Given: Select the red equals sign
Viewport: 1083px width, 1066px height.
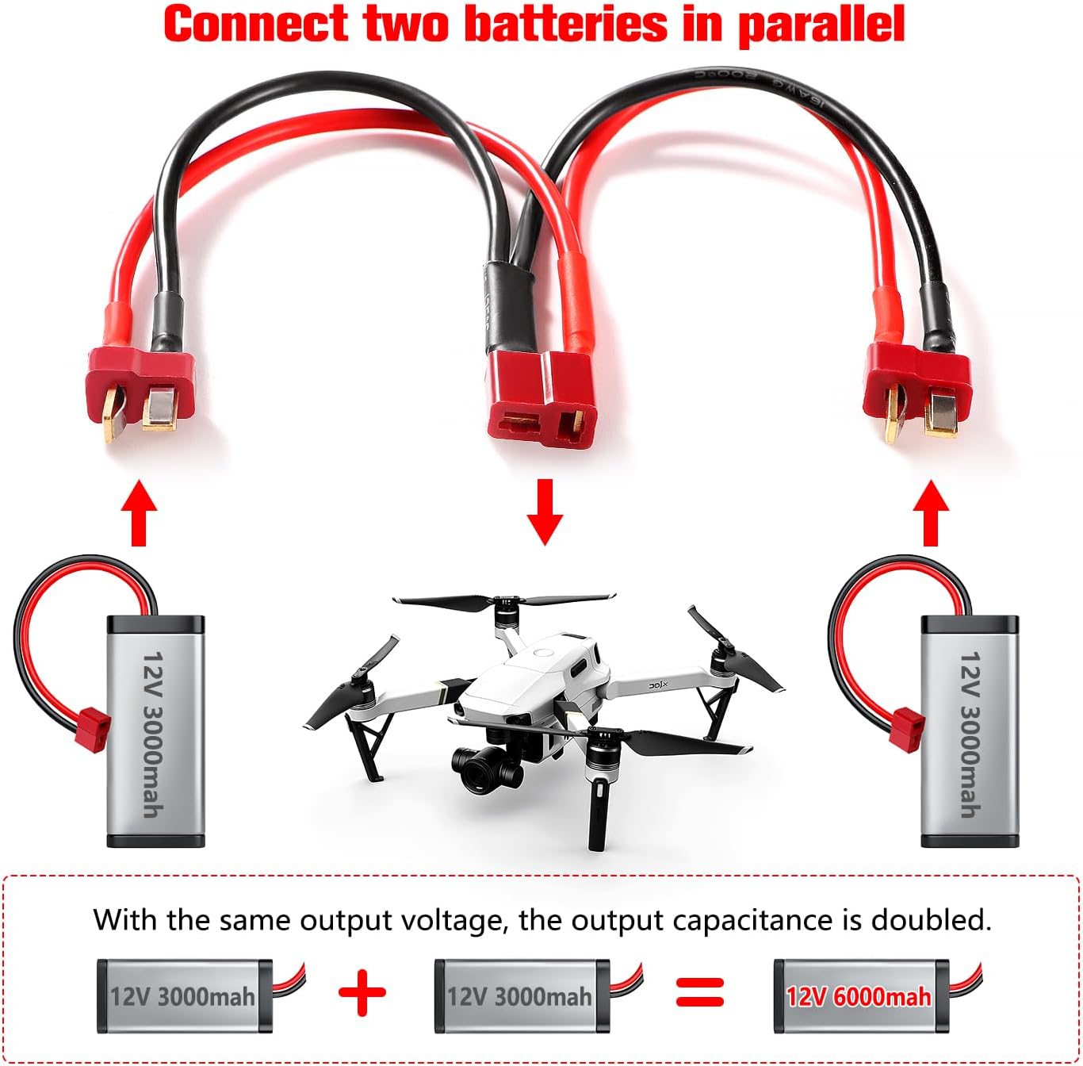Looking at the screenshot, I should [699, 991].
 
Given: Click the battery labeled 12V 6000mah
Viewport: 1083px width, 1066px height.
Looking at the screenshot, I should [860, 996].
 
